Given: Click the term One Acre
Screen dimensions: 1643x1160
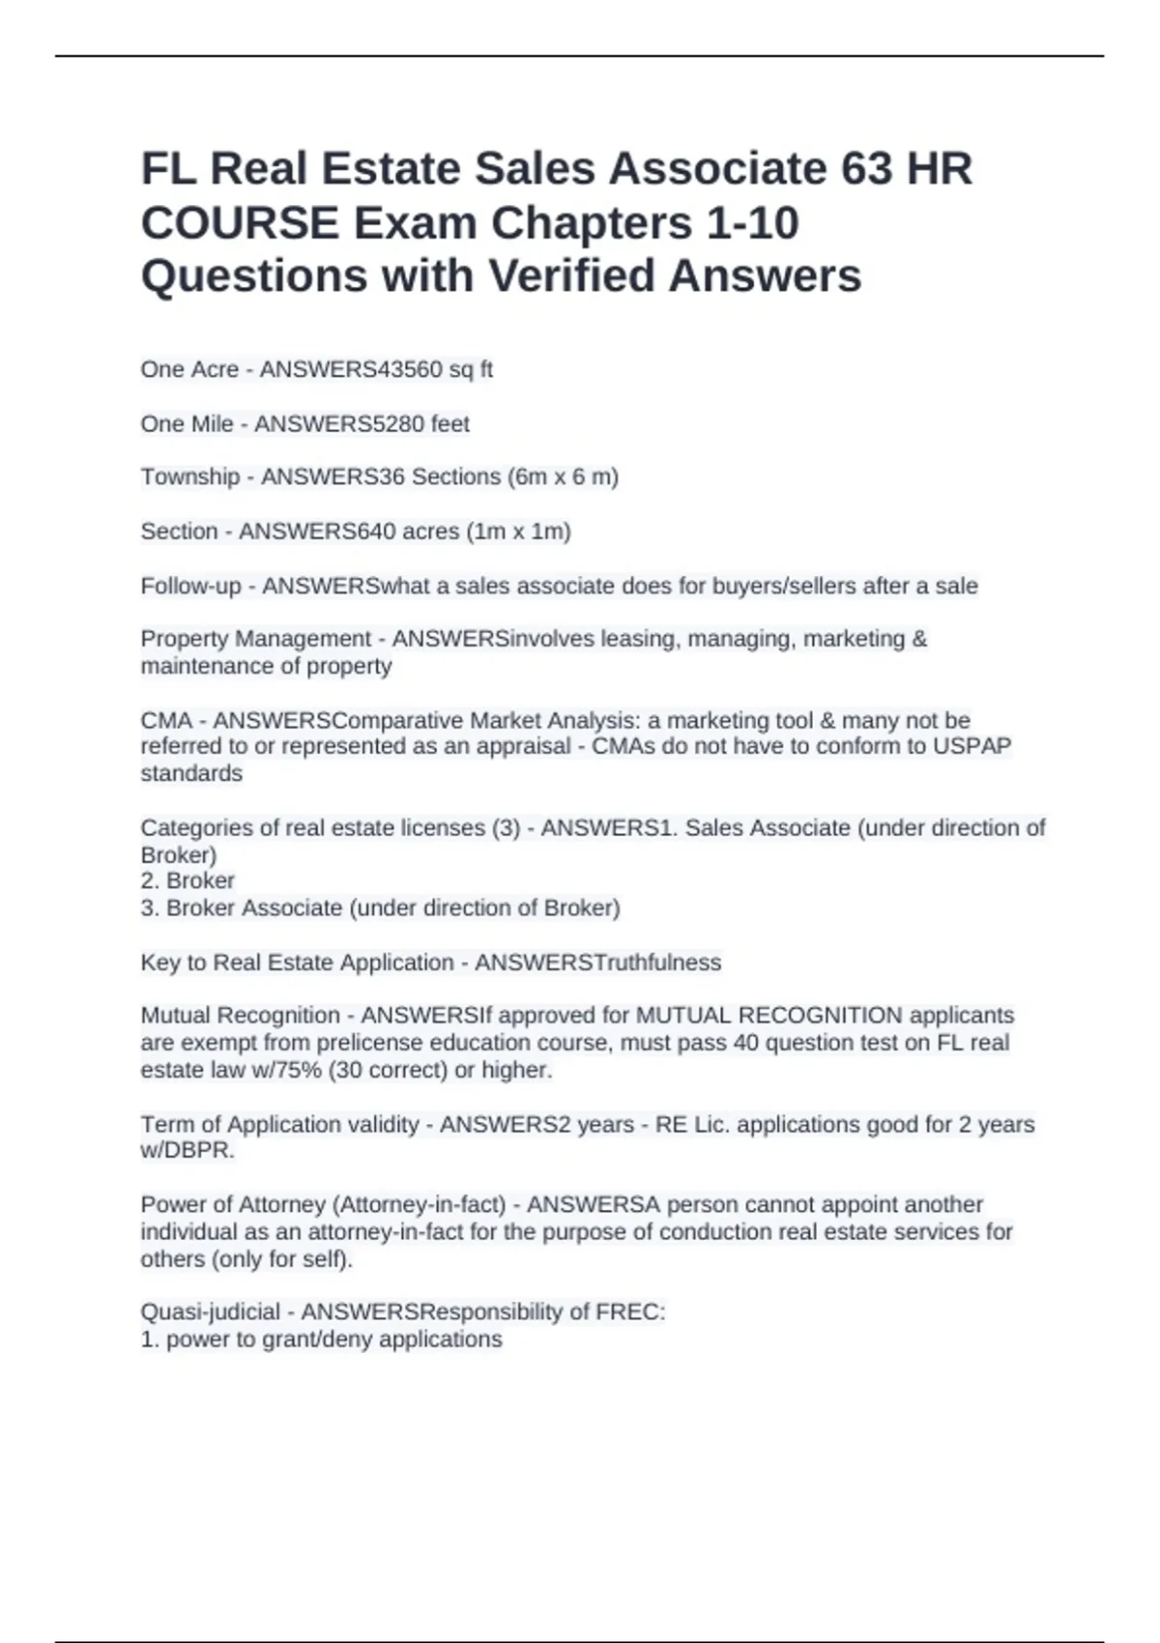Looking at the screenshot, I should (x=189, y=369).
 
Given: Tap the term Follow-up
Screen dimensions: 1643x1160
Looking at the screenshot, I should (x=190, y=586).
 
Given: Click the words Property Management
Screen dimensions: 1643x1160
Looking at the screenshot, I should (x=255, y=639).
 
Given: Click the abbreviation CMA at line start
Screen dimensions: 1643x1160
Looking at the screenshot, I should (x=166, y=720).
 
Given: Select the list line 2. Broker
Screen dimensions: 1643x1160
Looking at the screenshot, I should (x=188, y=880).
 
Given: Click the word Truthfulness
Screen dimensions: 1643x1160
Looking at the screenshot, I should (x=657, y=963).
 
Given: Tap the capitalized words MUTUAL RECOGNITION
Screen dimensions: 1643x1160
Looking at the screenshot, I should (x=768, y=1015).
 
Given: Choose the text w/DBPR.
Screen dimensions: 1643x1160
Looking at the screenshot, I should (x=188, y=1151).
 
